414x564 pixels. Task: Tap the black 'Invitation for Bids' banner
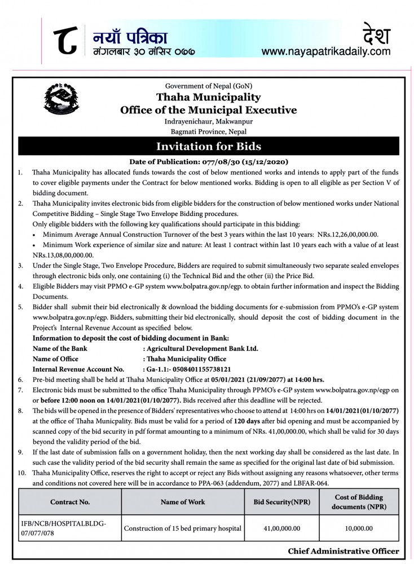[x=208, y=147]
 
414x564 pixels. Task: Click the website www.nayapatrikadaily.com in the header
[x=326, y=51]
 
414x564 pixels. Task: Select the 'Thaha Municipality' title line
[x=208, y=98]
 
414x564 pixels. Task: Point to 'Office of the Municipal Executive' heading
[x=208, y=110]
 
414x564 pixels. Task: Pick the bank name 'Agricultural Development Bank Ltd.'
[x=202, y=349]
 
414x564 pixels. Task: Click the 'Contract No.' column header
[x=69, y=501]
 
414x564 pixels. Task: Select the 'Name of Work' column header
[x=183, y=501]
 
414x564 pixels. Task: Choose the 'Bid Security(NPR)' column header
[x=281, y=501]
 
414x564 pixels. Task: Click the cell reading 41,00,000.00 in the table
[x=281, y=528]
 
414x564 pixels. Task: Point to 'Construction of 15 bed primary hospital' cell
[x=183, y=528]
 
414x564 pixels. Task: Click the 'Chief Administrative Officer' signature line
[x=343, y=551]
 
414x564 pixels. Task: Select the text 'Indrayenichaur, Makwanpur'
[x=208, y=121]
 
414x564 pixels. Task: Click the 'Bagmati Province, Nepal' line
[x=208, y=131]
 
